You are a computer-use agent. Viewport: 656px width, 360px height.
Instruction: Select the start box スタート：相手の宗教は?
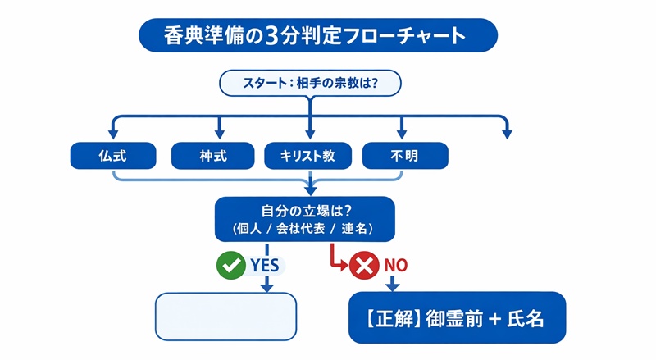click(x=309, y=84)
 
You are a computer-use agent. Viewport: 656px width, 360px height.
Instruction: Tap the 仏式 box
click(x=112, y=155)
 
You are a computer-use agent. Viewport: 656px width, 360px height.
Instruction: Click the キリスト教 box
click(x=308, y=155)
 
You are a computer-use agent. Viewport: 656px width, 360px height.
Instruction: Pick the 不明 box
click(x=405, y=155)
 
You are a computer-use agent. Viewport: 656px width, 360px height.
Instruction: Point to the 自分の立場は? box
click(x=304, y=218)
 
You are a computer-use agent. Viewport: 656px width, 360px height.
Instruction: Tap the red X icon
click(x=362, y=265)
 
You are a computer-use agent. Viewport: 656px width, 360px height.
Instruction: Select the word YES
click(x=263, y=265)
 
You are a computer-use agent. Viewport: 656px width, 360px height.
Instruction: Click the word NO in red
click(x=396, y=265)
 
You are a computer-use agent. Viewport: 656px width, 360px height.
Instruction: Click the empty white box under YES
click(x=225, y=316)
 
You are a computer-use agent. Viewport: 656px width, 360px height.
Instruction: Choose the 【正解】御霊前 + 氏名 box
click(x=457, y=318)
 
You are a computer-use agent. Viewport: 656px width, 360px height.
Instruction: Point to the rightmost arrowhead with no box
click(x=506, y=133)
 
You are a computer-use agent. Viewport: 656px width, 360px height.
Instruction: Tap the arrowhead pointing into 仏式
click(x=112, y=133)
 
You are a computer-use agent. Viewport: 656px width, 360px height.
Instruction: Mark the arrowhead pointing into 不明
click(x=402, y=133)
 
